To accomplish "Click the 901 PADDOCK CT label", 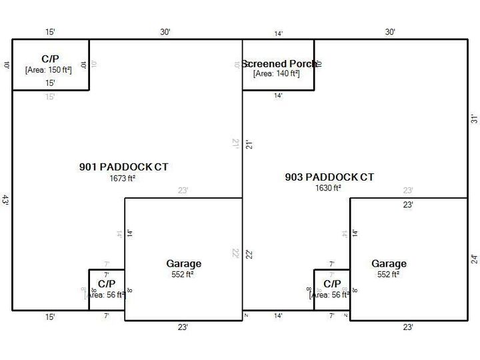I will [123, 167].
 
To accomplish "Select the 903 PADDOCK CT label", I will [329, 177].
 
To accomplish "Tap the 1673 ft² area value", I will [123, 179].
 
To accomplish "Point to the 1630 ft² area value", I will [329, 188].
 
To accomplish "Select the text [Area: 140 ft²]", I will [277, 73].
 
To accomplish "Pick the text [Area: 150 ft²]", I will [49, 69].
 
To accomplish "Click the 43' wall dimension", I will [5, 200].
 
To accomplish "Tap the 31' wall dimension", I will [474, 119].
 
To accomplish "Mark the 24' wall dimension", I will [474, 259].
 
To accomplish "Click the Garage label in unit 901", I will [183, 264].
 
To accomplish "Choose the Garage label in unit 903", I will [389, 264].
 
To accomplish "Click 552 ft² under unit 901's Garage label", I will [183, 274].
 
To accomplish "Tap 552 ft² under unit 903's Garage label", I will [389, 274].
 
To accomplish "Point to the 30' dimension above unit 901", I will [165, 32].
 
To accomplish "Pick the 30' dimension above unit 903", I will [391, 32].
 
